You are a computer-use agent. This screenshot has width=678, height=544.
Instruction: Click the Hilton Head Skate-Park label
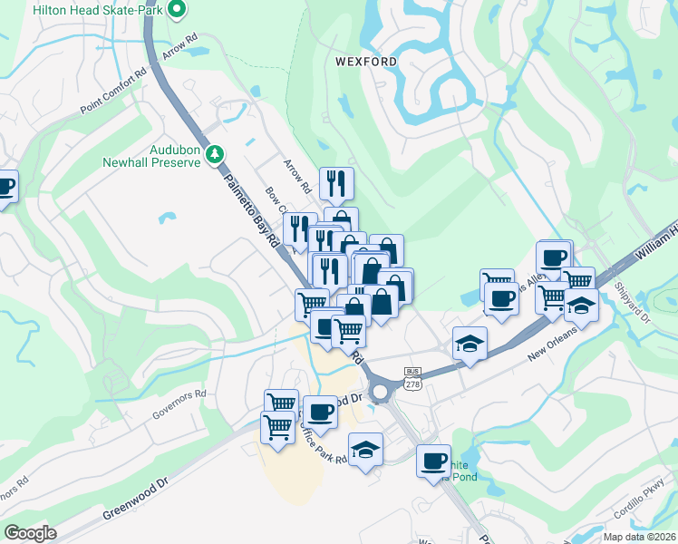tap(99, 10)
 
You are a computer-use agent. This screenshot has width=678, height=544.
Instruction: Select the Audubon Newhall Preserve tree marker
tap(215, 154)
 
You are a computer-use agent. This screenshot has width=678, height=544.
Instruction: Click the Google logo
tap(30, 533)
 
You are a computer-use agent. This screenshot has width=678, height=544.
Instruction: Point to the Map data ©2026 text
tap(638, 537)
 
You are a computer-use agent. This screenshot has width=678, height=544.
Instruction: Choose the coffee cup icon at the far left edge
tap(5, 188)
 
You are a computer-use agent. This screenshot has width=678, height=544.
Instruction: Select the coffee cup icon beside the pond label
tap(434, 461)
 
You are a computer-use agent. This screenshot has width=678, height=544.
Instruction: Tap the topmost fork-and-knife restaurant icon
tap(336, 183)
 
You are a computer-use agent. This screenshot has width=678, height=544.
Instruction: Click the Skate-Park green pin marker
tap(178, 10)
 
